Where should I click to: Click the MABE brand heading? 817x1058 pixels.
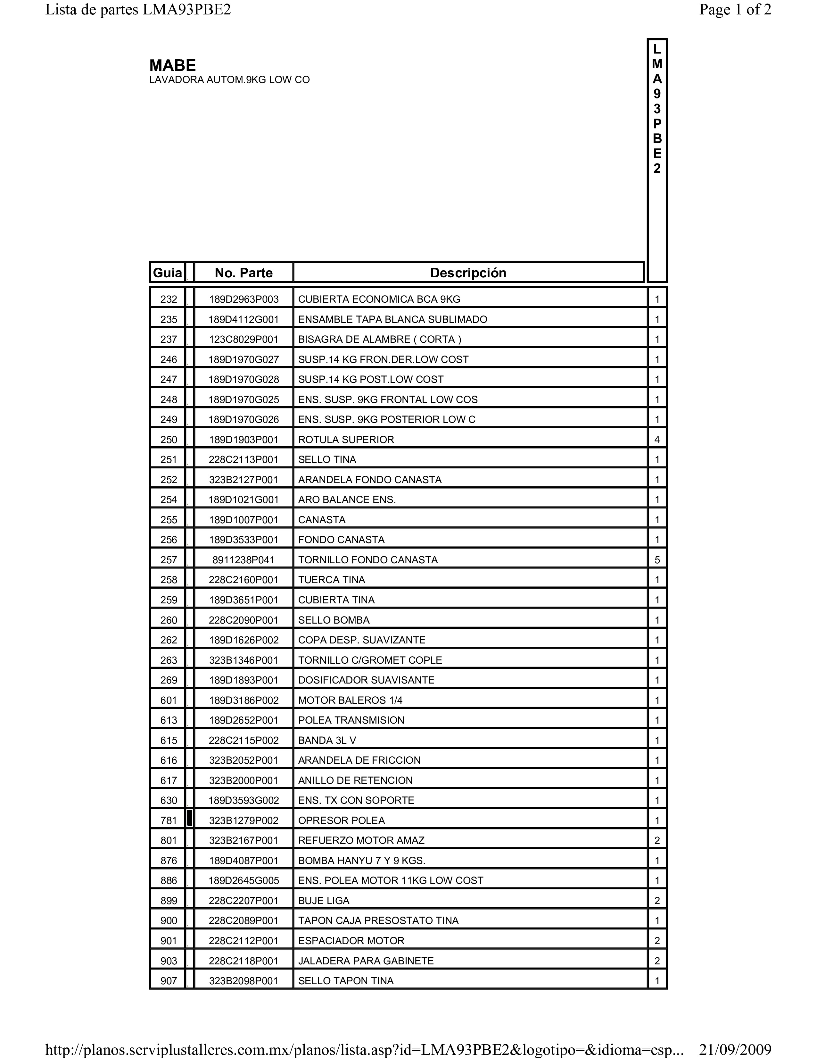pos(172,65)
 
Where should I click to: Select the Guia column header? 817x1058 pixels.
pos(168,273)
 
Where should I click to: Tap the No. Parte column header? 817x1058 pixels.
pos(243,273)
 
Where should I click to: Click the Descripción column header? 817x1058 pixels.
pos(468,273)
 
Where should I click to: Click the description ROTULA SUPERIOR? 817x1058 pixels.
pos(346,439)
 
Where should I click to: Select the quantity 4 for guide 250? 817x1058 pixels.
pos(657,439)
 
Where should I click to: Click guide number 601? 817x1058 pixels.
pos(169,700)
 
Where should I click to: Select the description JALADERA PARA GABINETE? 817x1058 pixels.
pos(366,961)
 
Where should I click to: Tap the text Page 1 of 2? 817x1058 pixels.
pos(735,10)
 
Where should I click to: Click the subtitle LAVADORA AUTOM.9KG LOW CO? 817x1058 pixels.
pos(229,80)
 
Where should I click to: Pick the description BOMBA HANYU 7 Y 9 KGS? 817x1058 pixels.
pos(361,861)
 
